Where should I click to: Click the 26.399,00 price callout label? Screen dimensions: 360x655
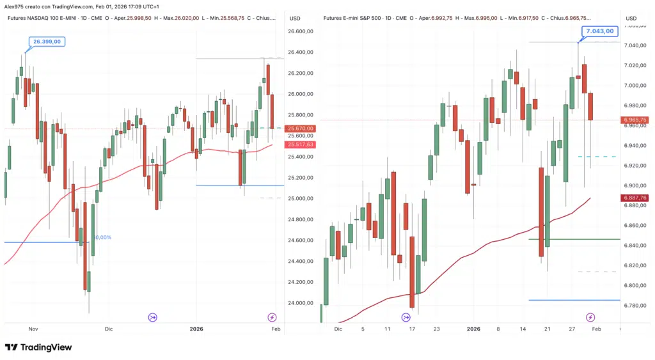tap(47, 42)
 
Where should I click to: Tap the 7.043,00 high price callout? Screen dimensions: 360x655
tap(599, 31)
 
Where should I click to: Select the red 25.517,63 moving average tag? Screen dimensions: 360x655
tap(301, 145)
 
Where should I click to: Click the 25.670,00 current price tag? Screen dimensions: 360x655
tap(301, 129)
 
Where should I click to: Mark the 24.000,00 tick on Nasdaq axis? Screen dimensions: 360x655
tap(301, 303)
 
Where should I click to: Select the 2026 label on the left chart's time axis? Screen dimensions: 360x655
tap(196, 329)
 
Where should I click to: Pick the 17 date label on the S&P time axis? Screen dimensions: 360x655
tap(413, 329)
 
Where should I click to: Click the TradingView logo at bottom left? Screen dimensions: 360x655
tap(38, 347)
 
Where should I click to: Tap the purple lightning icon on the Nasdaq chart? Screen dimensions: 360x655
tap(272, 317)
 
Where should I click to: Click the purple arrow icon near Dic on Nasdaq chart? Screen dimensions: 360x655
tap(152, 317)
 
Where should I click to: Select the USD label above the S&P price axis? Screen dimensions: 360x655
tap(631, 18)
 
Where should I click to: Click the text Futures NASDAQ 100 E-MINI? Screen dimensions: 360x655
tap(47, 18)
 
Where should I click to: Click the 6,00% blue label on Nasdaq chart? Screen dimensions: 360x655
tap(102, 237)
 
